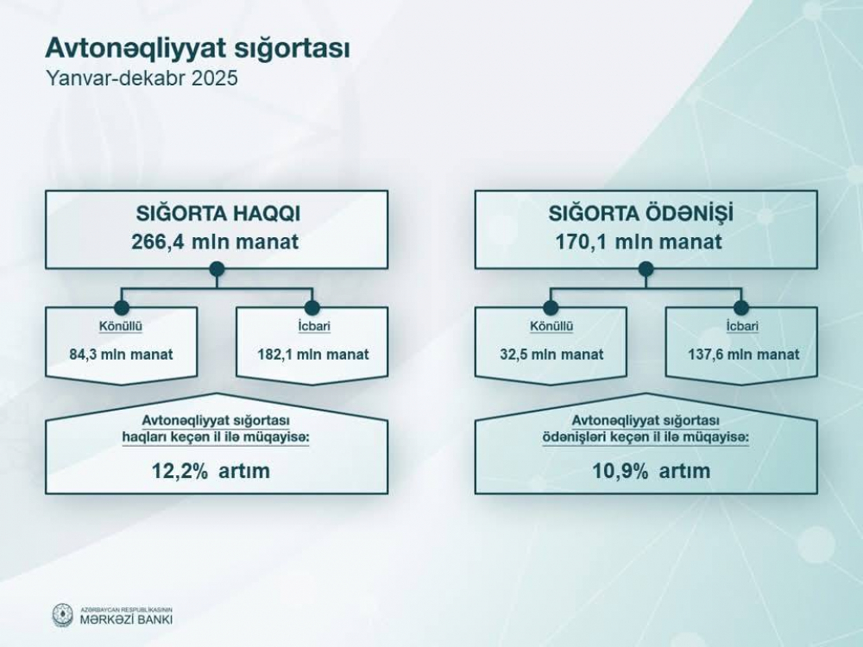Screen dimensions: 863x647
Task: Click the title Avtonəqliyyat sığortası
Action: (197, 47)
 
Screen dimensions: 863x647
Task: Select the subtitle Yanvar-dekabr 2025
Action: (142, 78)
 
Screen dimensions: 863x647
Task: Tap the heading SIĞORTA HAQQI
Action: (218, 213)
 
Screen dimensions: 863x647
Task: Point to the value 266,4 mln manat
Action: (215, 242)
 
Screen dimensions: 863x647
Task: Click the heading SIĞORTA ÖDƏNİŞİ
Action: (640, 212)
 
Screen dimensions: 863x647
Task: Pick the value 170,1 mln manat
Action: (639, 242)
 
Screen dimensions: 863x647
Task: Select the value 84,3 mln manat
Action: (121, 354)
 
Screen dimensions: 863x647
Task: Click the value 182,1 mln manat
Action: (313, 354)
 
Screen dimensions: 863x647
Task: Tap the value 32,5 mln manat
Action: (551, 354)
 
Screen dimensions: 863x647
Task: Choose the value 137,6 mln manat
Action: (744, 354)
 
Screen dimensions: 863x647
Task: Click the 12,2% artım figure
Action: (211, 471)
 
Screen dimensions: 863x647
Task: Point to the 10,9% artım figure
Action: (651, 471)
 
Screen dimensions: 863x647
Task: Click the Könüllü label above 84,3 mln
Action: (121, 326)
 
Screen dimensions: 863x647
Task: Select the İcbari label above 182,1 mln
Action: (314, 326)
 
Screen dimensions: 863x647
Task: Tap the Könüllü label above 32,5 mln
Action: (551, 326)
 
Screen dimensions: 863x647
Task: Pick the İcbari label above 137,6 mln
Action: (742, 326)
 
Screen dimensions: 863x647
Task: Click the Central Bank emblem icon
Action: (62, 614)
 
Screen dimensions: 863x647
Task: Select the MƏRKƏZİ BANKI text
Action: (126, 619)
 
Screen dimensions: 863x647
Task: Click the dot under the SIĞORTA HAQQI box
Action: (217, 269)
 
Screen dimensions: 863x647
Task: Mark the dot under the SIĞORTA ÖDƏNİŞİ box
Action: (646, 269)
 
